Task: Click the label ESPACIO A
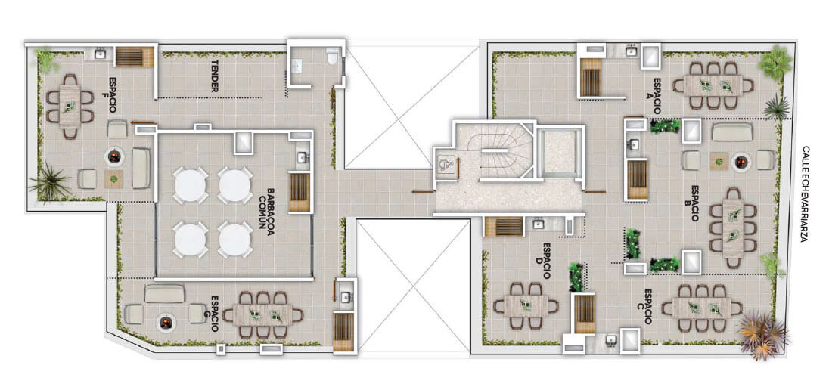pos(658,96)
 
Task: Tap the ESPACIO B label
pos(696,203)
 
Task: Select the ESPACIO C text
pos(647,307)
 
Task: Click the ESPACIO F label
pos(113,95)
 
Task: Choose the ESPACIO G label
pos(215,314)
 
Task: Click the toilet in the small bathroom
pos(333,56)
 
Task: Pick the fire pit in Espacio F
pos(115,156)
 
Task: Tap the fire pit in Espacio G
pos(166,321)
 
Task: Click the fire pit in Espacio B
pos(742,161)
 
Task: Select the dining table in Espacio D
pos(525,305)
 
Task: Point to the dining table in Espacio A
pos(713,85)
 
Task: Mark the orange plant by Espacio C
pos(763,335)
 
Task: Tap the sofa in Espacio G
pos(164,294)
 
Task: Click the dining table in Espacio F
pos(70,107)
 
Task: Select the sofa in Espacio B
pos(731,132)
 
